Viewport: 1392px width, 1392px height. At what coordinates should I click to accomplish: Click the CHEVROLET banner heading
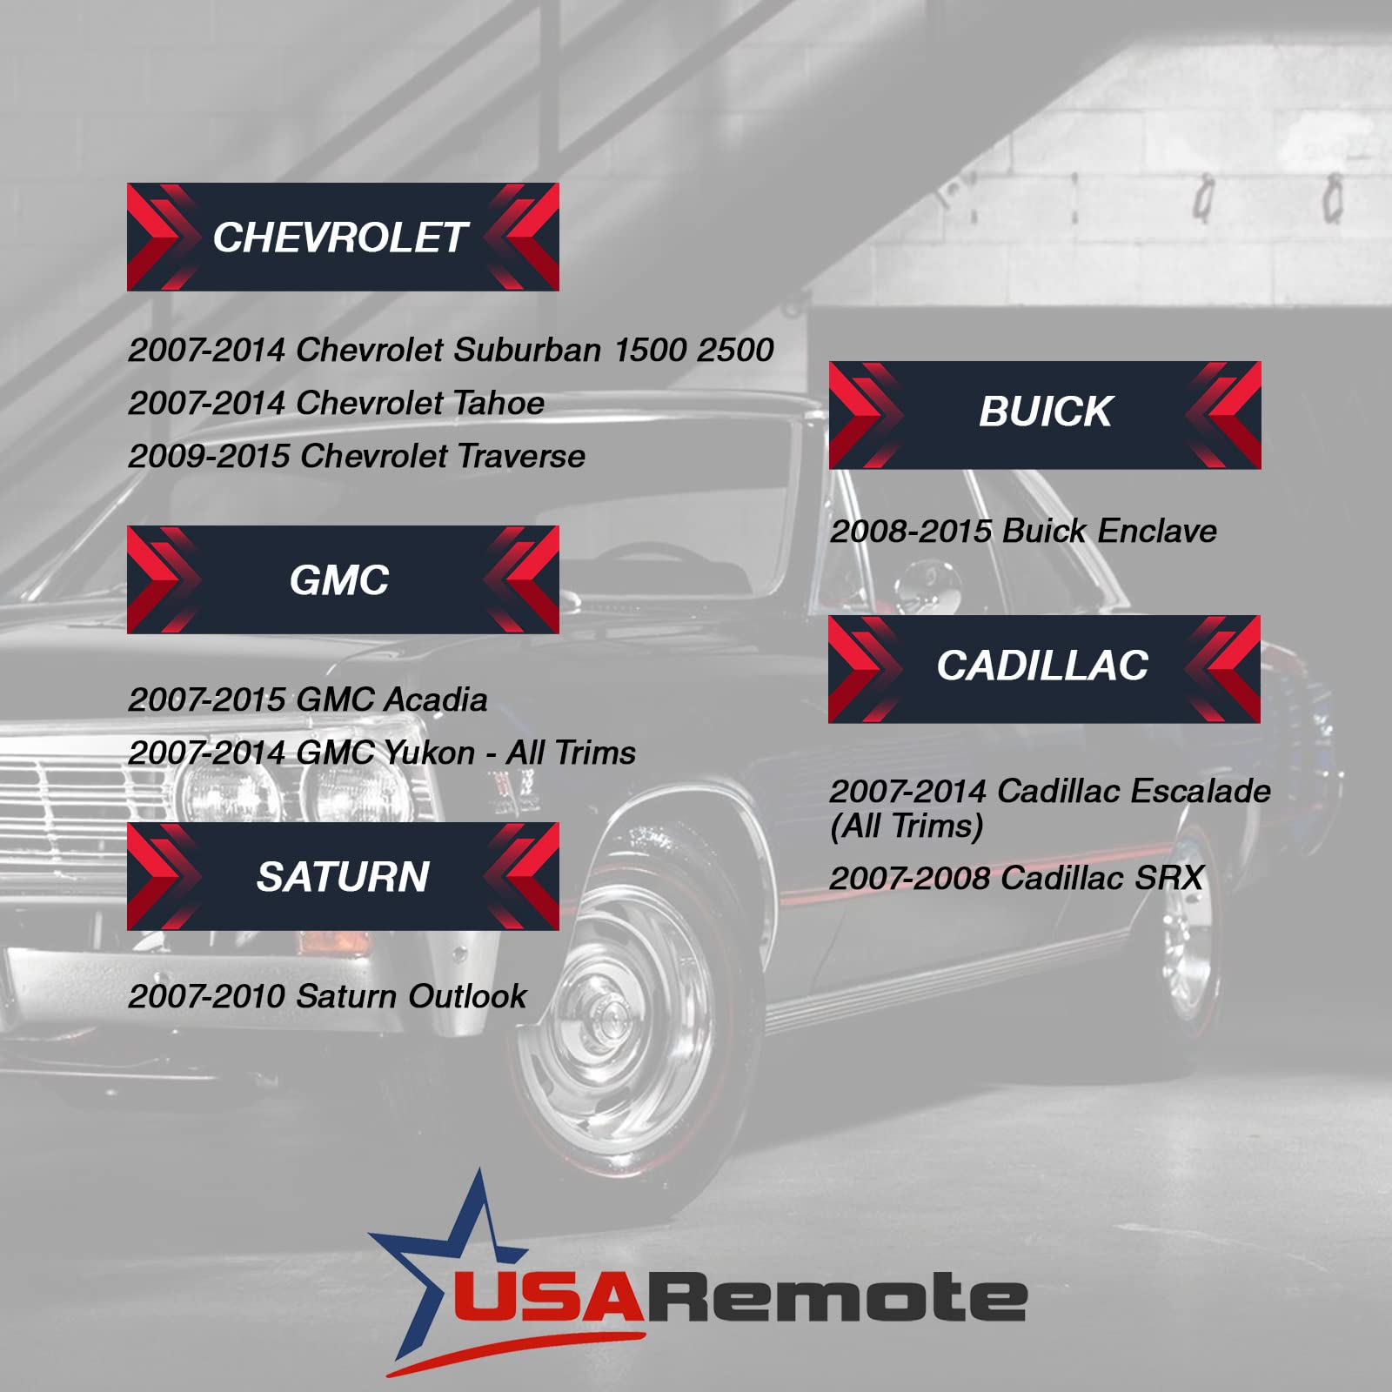point(343,237)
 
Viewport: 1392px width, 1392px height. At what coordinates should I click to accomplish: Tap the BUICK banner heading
point(1045,415)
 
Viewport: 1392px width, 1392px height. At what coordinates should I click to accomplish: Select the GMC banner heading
point(343,579)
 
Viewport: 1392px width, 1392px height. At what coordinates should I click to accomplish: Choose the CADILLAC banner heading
point(1044,669)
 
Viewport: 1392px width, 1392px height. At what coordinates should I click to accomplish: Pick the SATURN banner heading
point(343,876)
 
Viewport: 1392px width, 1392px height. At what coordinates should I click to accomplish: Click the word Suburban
point(527,350)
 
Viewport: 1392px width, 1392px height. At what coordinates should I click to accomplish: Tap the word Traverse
point(521,456)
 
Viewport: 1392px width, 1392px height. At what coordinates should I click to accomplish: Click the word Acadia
point(436,699)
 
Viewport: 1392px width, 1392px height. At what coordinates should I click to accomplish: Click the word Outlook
point(467,996)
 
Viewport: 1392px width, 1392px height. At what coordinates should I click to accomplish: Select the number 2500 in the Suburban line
point(735,350)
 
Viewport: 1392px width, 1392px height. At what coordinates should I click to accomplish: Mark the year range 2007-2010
point(206,996)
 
